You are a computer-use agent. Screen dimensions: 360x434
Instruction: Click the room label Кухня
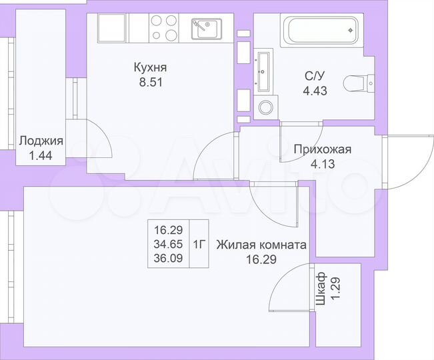[149, 68]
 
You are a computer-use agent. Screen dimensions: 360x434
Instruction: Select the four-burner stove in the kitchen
[164, 28]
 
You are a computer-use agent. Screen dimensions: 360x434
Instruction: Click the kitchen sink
[207, 29]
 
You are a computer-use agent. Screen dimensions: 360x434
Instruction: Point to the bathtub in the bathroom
[321, 31]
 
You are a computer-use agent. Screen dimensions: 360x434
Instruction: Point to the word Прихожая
[322, 149]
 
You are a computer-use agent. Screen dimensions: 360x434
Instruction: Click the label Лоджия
[41, 141]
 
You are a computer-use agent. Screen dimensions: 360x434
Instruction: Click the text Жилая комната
[261, 245]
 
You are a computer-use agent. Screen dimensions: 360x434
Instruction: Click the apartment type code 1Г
[199, 243]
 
